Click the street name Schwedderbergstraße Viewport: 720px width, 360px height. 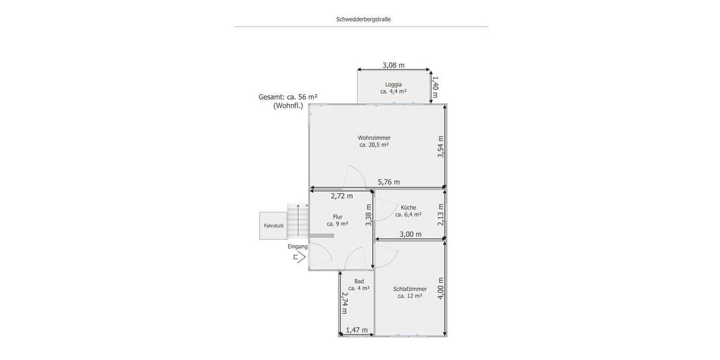pos(364,19)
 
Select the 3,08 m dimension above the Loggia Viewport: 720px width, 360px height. pos(393,65)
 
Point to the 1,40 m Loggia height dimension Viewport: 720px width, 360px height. pos(436,86)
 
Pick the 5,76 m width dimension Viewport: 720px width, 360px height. pos(388,182)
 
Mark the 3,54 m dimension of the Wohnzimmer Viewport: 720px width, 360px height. pos(440,146)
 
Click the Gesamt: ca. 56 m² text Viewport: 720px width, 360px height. pos(287,97)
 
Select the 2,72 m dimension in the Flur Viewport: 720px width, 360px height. pos(342,196)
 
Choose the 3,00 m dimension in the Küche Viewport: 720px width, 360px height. pos(410,234)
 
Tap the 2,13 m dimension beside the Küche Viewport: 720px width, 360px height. pos(440,214)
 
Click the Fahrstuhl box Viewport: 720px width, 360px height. pos(273,226)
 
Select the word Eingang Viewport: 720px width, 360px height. pos(298,247)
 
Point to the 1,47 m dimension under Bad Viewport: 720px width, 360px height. pos(356,330)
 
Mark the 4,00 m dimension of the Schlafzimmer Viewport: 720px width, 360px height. pos(440,288)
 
